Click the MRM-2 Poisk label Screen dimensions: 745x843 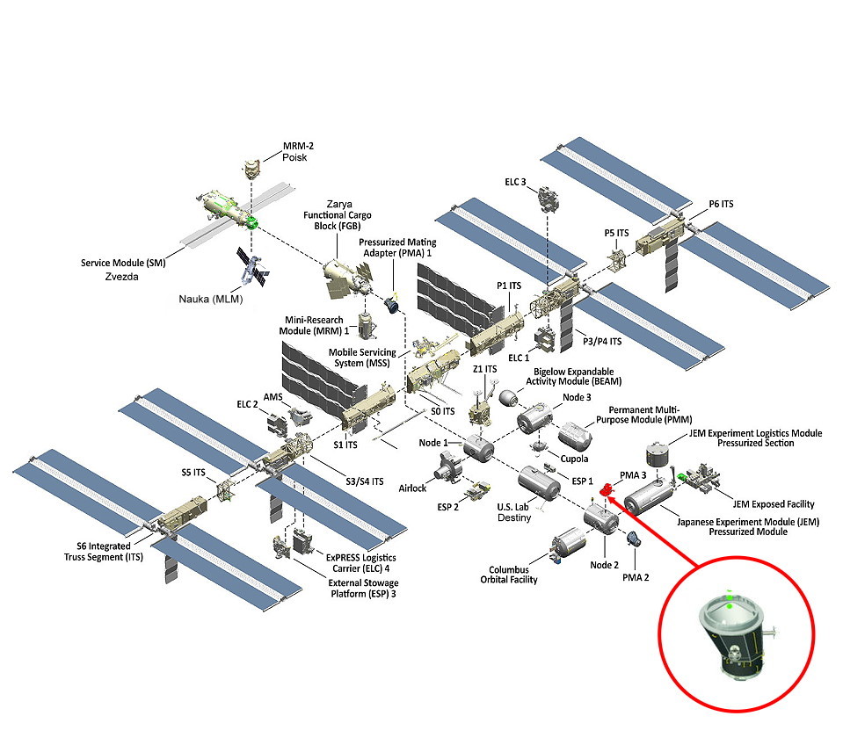click(294, 151)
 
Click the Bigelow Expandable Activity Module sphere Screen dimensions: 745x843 click(508, 397)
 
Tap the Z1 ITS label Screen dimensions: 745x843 click(485, 369)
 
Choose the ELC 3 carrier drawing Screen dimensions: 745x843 click(550, 201)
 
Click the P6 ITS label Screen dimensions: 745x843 click(721, 205)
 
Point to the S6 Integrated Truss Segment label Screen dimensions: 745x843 click(94, 551)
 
